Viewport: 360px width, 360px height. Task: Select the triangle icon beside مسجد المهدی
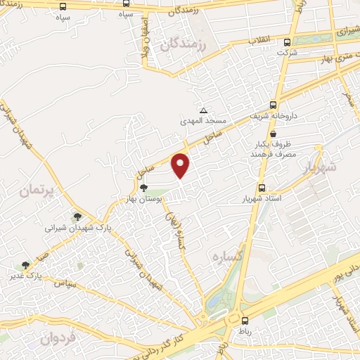click(203, 111)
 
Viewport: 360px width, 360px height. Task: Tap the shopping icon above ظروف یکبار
click(273, 134)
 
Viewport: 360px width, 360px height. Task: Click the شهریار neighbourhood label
click(322, 167)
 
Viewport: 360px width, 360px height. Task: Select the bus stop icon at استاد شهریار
click(262, 188)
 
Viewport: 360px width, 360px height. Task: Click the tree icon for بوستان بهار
click(143, 188)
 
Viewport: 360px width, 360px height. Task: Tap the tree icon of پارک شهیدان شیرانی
click(77, 217)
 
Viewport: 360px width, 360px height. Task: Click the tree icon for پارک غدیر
click(26, 265)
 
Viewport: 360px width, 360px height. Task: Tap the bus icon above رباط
click(243, 319)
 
